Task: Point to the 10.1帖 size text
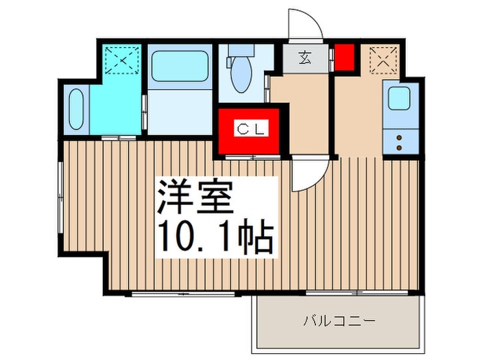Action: point(216,237)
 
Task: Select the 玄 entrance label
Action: point(303,58)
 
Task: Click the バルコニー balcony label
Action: point(339,320)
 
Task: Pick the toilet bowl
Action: point(241,77)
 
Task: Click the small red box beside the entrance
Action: point(343,56)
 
